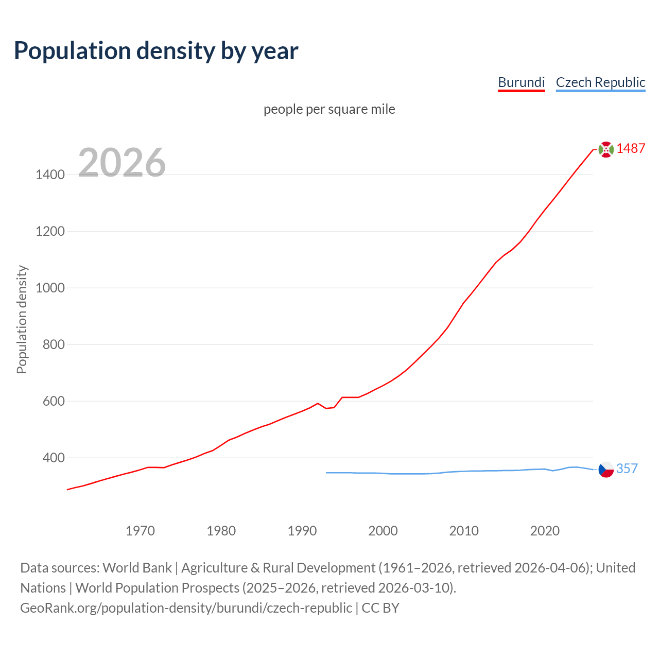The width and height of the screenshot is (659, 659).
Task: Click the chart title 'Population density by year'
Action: [x=156, y=50]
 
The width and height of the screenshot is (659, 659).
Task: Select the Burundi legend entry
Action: [x=521, y=82]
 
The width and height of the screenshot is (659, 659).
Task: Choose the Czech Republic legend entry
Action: [x=600, y=82]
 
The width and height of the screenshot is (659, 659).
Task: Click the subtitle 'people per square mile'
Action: [x=329, y=109]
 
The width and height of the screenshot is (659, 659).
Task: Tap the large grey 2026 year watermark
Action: [x=122, y=162]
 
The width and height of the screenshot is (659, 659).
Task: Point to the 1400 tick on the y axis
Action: [x=50, y=175]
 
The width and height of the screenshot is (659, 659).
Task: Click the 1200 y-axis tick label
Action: [x=50, y=231]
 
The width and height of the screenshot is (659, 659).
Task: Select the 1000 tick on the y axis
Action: [x=50, y=288]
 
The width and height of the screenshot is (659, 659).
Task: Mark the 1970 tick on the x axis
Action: [x=140, y=531]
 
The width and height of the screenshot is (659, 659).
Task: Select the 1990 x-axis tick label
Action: [x=302, y=531]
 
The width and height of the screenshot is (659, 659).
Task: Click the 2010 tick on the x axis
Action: [x=464, y=531]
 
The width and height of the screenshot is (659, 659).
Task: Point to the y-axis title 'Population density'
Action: [x=22, y=319]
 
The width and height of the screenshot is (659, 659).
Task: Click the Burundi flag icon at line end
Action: [x=606, y=149]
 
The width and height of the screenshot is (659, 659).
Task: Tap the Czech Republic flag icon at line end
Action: [x=606, y=469]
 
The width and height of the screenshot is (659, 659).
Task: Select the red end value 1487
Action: [x=631, y=148]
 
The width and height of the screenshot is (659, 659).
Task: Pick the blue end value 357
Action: [x=627, y=469]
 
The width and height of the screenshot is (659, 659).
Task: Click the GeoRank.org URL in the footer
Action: [x=186, y=608]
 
